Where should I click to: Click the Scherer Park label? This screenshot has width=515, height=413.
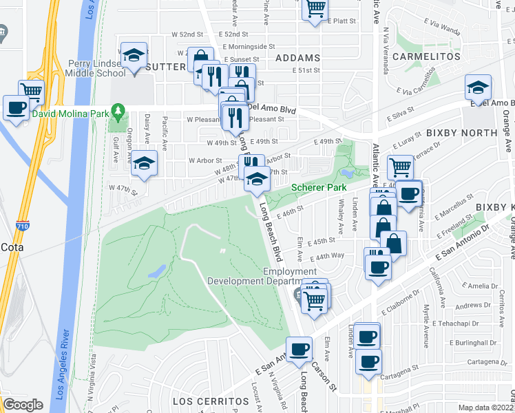[317, 187]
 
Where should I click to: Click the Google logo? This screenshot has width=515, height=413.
[23, 405]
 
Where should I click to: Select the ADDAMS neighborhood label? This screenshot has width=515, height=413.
[297, 58]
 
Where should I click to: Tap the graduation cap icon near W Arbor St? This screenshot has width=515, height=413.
[144, 162]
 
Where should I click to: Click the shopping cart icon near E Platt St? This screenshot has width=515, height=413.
[315, 8]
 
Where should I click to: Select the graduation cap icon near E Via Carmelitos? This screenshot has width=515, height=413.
[478, 87]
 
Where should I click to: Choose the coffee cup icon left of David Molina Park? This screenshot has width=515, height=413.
[16, 107]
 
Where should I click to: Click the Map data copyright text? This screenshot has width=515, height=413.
[486, 407]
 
